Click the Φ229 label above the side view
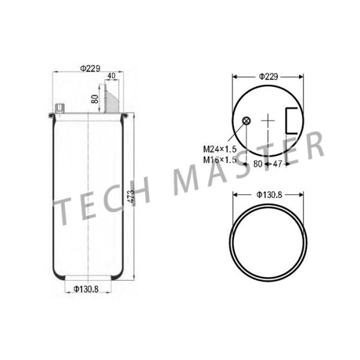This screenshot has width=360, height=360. [x=89, y=68]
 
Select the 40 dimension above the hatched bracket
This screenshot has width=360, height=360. [x=111, y=76]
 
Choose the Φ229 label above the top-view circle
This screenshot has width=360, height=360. [x=268, y=76]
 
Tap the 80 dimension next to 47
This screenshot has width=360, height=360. [x=257, y=163]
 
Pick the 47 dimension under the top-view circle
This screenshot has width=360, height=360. [x=277, y=163]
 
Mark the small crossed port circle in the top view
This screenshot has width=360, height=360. [x=245, y=122]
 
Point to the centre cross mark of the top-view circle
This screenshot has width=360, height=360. [x=268, y=122]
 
